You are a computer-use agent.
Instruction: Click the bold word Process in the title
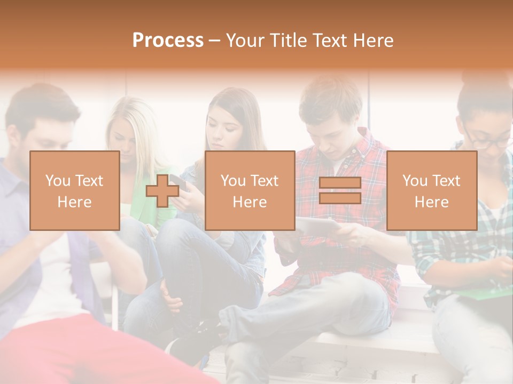[x=168, y=41]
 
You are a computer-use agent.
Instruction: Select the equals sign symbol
[x=340, y=191]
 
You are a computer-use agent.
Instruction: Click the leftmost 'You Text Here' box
[x=75, y=191]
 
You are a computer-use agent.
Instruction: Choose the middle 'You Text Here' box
[x=250, y=191]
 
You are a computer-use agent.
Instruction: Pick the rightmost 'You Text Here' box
[x=432, y=191]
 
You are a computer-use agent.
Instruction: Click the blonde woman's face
[x=124, y=140]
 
